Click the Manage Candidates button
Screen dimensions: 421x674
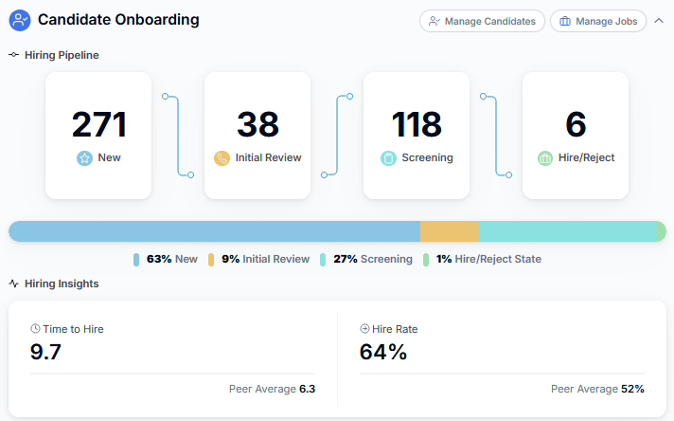(482, 21)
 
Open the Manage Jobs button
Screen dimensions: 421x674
(597, 21)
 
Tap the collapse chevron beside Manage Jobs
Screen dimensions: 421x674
(659, 21)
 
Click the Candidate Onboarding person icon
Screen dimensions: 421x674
(20, 20)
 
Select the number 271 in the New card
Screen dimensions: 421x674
(98, 124)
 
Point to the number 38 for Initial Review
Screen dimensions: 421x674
(257, 124)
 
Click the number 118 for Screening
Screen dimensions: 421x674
(417, 124)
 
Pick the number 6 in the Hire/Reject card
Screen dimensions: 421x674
(576, 124)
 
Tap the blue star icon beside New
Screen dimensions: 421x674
(84, 158)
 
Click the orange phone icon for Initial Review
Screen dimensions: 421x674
(222, 158)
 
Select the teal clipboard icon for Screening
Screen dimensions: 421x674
(388, 158)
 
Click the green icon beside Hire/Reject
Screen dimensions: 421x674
(544, 158)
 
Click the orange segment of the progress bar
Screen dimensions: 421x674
(449, 231)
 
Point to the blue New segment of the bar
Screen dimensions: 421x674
(214, 231)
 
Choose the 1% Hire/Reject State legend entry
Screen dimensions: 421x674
(482, 259)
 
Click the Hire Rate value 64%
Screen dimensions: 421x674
(383, 352)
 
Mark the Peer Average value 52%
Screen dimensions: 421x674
(632, 389)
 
